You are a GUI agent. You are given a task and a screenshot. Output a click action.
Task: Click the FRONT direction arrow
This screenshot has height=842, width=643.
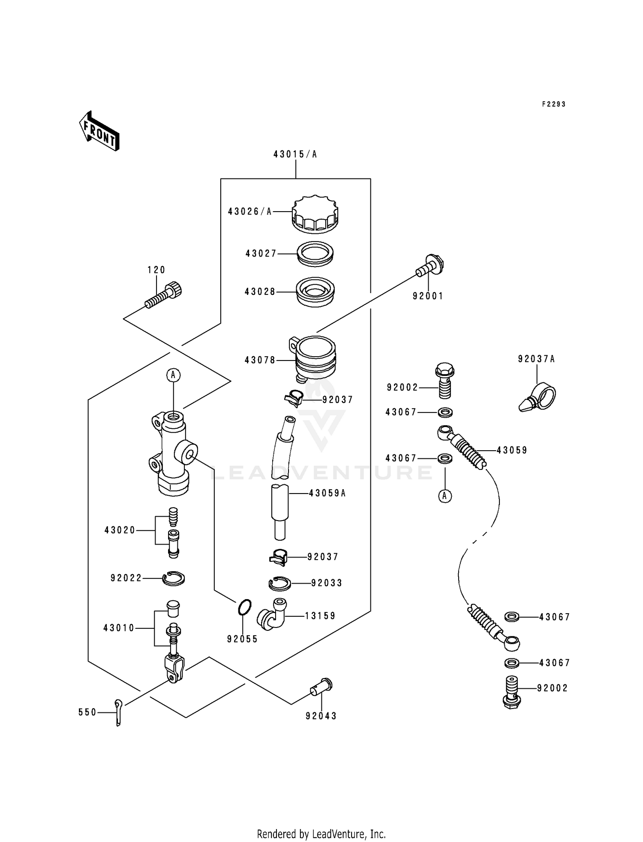[99, 131]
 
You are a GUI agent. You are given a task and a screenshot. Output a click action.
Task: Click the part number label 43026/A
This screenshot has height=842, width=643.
[250, 212]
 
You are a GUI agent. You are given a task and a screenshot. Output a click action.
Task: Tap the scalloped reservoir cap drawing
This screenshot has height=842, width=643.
[315, 214]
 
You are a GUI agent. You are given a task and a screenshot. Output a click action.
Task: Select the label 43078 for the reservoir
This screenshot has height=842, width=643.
[260, 360]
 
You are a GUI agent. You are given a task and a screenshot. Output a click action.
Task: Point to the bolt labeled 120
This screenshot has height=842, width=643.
[163, 296]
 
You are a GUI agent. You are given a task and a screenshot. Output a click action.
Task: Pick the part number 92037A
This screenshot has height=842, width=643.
[536, 359]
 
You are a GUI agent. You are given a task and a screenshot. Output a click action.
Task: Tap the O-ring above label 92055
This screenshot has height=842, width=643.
[244, 607]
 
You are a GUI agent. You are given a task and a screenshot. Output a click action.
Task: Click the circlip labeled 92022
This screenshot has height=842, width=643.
[174, 578]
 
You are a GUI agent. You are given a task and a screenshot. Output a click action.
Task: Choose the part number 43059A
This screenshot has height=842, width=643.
[327, 494]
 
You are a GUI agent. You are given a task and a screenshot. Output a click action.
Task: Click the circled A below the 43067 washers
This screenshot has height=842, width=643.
[445, 496]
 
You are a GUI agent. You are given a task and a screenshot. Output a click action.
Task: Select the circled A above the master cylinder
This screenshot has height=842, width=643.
[173, 375]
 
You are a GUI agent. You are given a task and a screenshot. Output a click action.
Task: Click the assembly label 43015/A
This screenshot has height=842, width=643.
[295, 154]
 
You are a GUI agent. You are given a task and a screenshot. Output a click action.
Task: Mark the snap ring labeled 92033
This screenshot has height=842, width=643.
[280, 584]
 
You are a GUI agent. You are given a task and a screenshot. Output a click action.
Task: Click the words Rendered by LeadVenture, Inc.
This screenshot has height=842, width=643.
[321, 834]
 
